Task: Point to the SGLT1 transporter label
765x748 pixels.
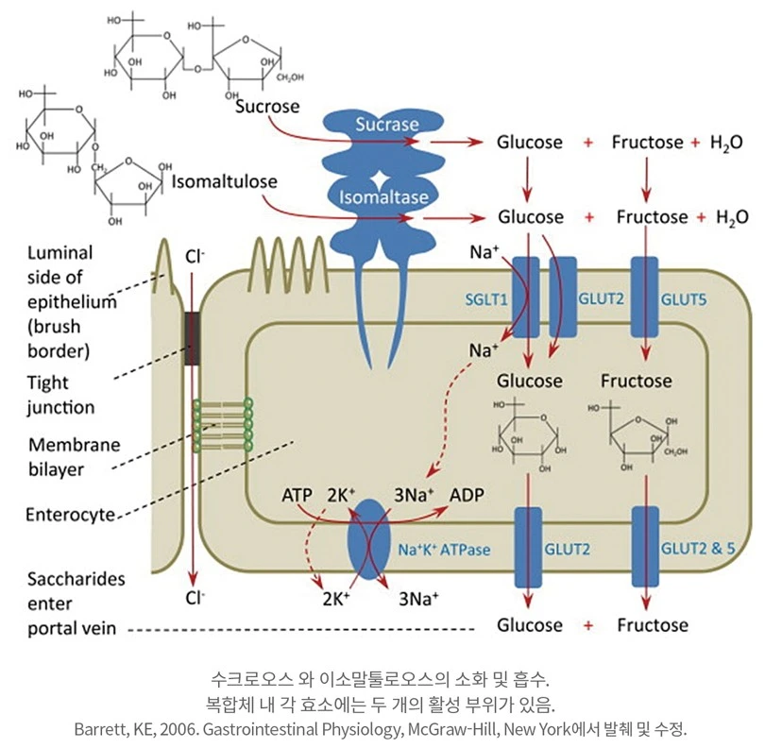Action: coord(485,299)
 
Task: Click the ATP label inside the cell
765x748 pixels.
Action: coord(298,495)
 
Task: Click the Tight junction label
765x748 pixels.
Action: coord(60,394)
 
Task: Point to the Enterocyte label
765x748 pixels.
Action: coord(66,515)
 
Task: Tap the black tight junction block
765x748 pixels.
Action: coord(193,336)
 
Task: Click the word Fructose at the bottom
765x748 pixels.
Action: coord(652,625)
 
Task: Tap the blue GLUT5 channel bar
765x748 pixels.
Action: coord(645,297)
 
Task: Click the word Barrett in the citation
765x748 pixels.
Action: coord(99,729)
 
